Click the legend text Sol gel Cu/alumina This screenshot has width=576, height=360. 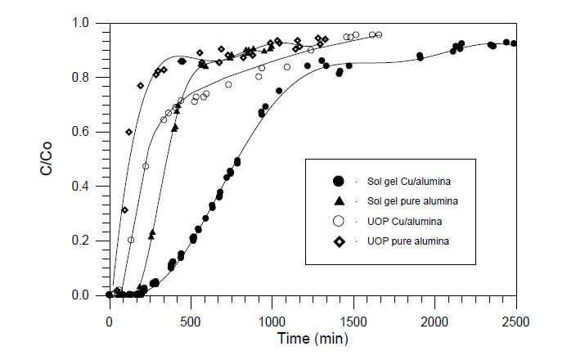coord(410,181)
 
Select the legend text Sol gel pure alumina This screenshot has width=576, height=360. coord(413,201)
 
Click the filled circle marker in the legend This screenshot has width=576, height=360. coord(338,181)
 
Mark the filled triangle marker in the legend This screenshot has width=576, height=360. coord(338,200)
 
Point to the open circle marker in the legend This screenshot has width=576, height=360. coord(338,221)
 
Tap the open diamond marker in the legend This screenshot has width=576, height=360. coord(338,241)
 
